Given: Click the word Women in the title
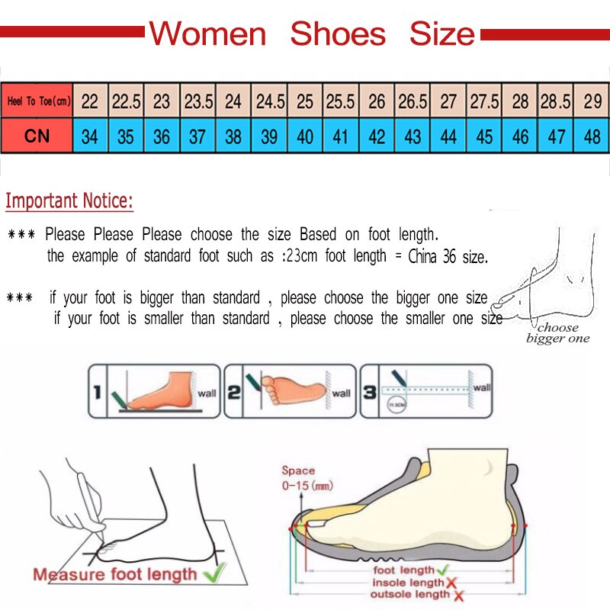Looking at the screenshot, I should click(207, 34).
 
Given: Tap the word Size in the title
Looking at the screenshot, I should click(441, 34).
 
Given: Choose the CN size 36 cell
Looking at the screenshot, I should click(162, 137).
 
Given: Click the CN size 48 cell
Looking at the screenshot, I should click(592, 137).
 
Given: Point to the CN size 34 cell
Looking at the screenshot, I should click(90, 137).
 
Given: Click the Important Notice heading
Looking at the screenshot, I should click(69, 202).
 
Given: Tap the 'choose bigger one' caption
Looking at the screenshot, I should click(557, 333).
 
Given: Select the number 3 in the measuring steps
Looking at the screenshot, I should click(369, 391).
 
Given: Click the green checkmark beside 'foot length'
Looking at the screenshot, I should click(444, 569).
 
